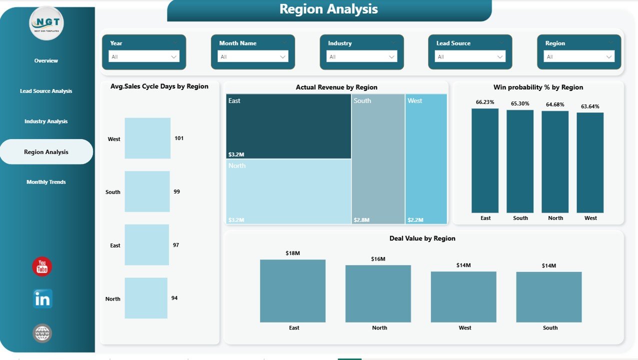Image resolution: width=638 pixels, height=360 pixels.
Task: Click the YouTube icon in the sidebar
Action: [42, 266]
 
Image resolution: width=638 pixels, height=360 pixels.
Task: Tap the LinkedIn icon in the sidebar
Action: [42, 299]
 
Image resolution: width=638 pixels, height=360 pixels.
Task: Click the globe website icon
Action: [42, 333]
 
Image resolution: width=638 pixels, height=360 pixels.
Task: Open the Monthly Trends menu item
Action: [46, 182]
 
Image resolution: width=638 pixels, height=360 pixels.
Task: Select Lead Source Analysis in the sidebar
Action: [46, 91]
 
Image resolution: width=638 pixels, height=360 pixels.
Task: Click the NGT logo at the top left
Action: [46, 23]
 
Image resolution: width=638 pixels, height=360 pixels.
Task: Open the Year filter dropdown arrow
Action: [174, 57]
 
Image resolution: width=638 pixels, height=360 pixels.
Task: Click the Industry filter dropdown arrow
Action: [391, 57]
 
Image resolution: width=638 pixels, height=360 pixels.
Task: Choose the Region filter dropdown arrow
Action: [609, 57]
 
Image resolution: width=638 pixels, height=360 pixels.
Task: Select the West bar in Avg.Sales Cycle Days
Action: [147, 138]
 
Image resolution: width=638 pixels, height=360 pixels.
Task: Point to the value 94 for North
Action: [174, 298]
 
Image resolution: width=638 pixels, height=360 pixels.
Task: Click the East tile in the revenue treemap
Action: [288, 126]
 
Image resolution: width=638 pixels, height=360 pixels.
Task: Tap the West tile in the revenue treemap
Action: [426, 158]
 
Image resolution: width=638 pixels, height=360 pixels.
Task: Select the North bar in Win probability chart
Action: [555, 161]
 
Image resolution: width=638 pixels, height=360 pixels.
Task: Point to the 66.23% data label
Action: [485, 102]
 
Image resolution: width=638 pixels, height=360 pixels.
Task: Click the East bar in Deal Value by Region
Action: [292, 290]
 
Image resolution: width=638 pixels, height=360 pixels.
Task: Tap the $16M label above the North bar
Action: [378, 259]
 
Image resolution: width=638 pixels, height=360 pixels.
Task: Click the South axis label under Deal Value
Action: [550, 328]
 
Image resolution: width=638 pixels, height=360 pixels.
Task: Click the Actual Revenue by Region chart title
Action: [336, 87]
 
